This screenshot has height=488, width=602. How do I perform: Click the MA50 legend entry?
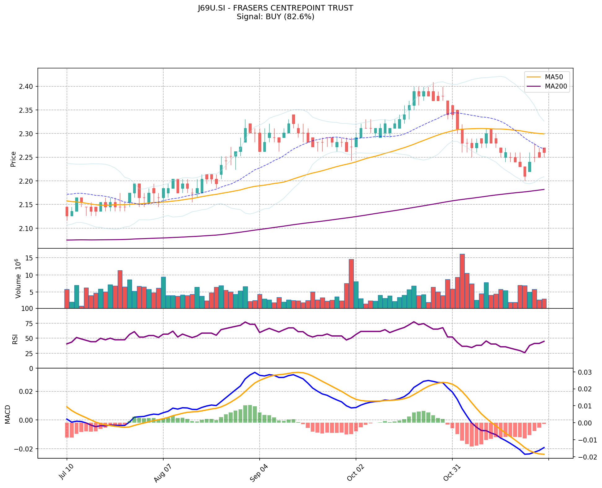(x=553, y=77)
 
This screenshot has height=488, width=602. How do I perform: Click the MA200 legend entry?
(x=556, y=86)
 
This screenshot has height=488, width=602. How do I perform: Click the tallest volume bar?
(x=462, y=281)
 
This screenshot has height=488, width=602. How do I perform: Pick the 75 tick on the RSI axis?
(x=29, y=324)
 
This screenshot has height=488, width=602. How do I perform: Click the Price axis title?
(x=13, y=159)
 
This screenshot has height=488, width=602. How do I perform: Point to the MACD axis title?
(x=8, y=414)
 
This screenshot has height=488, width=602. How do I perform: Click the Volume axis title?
(x=18, y=279)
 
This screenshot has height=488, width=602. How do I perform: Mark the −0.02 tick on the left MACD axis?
(x=25, y=449)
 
